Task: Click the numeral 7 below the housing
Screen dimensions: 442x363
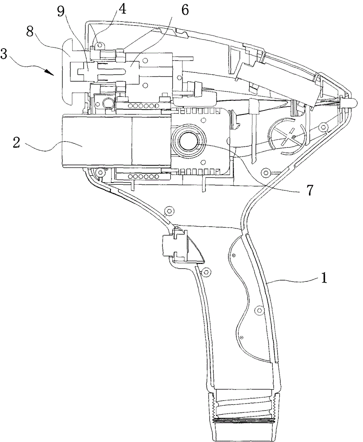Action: pos(310,190)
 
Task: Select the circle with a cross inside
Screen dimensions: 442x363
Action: pos(286,135)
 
